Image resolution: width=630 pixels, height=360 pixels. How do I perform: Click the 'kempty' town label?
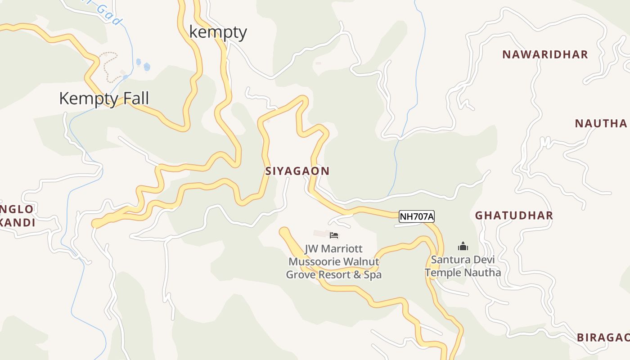pos(218,32)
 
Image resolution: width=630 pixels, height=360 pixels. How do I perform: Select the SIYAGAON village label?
pos(297,171)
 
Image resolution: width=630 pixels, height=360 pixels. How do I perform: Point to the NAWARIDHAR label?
pos(545,54)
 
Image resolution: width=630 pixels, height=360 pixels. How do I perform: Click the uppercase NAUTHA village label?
pos(601,123)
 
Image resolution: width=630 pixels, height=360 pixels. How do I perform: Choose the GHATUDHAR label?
pos(514,215)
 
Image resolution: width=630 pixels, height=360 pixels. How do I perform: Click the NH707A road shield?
pos(417,217)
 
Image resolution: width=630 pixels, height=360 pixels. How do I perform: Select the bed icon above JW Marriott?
pos(334,235)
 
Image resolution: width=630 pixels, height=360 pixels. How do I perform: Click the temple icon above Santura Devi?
pos(463,246)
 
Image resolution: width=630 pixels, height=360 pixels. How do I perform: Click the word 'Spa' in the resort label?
pos(372,274)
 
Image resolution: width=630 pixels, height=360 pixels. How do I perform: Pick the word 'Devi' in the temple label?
pos(483,260)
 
